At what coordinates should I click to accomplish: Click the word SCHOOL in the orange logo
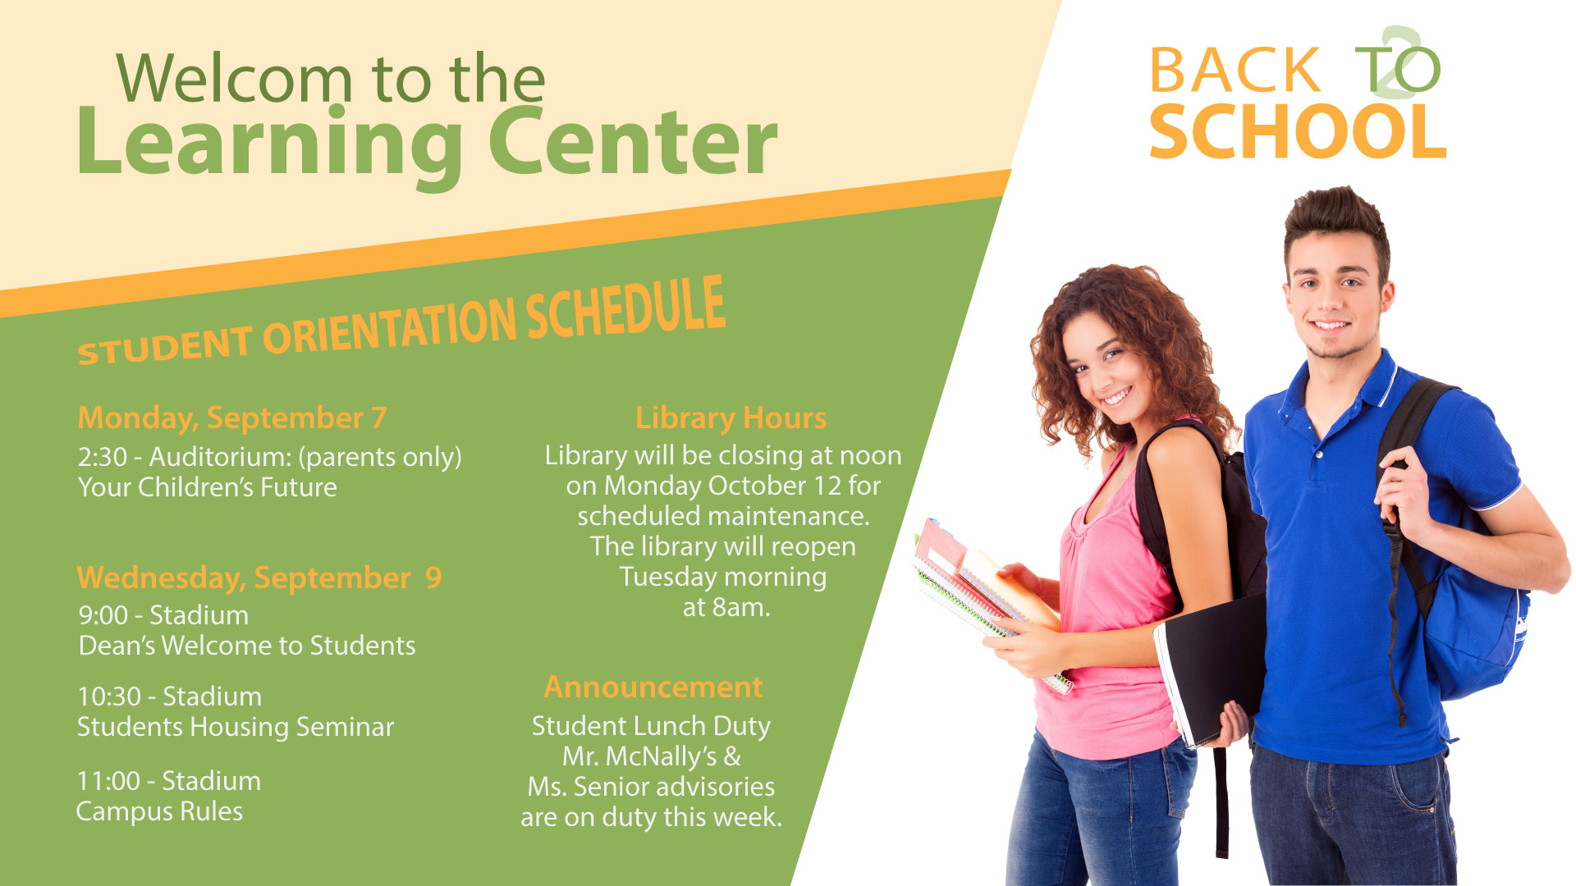click(1298, 132)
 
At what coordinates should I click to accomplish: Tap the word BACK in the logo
click(1235, 71)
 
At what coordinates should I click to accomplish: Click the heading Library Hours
click(731, 418)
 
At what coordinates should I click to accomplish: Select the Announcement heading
click(653, 687)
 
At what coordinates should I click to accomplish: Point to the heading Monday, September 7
click(232, 418)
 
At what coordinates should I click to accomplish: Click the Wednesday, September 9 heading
click(259, 578)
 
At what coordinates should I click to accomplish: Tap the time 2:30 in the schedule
click(103, 457)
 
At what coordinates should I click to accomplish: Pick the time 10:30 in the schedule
click(109, 696)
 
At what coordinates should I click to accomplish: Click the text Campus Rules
click(160, 811)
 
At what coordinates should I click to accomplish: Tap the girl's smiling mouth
click(1116, 398)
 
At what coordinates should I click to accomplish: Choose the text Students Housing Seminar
click(236, 727)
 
